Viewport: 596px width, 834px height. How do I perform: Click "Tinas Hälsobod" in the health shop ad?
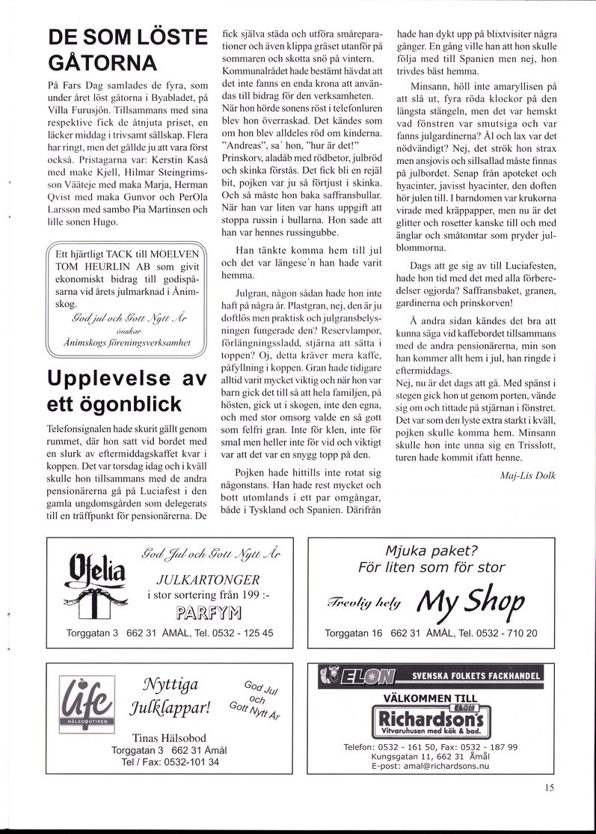pyautogui.click(x=169, y=737)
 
